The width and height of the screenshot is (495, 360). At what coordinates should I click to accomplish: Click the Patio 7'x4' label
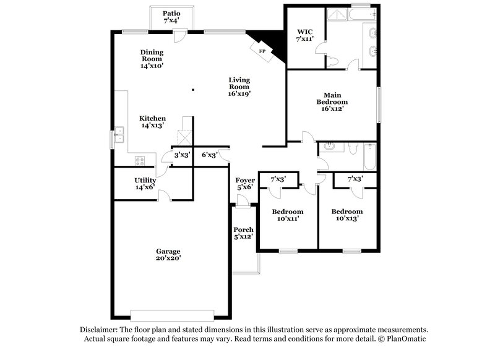coord(171,17)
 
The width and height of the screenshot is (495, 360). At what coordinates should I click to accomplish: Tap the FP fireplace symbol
coord(262,51)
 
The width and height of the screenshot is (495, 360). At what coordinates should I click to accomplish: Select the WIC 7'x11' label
coord(305,35)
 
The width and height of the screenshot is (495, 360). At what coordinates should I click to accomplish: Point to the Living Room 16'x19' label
coord(239,87)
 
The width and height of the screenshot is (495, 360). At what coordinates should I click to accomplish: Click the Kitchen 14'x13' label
coord(152,122)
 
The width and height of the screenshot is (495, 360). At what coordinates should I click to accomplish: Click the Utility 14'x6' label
coord(145,184)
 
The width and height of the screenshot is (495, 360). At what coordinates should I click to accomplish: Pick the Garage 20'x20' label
coord(168,255)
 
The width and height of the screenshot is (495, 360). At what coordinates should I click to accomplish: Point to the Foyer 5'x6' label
coord(245,184)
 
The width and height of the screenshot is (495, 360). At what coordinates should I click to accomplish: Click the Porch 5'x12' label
coord(244,233)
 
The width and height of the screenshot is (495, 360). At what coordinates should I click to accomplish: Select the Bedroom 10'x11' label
coord(288,215)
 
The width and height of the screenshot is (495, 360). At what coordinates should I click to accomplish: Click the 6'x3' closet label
coord(209,155)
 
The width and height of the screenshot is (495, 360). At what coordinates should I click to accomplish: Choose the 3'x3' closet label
coord(181,155)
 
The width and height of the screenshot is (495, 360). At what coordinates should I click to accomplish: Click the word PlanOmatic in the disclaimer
coord(408,340)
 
